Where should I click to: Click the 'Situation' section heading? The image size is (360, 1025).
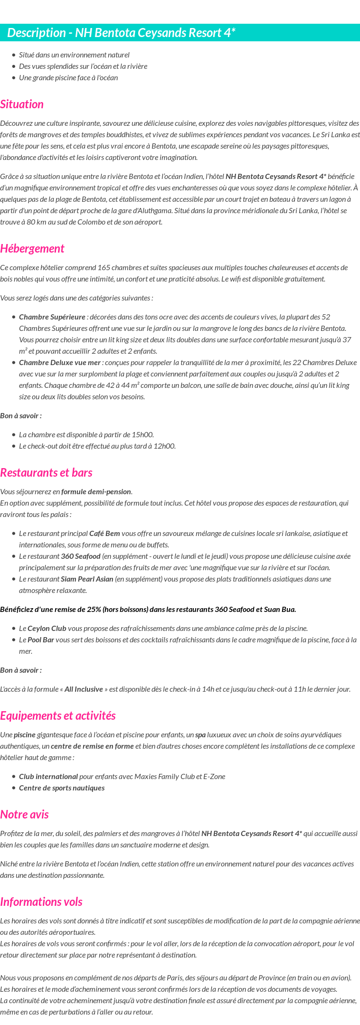pyautogui.click(x=22, y=104)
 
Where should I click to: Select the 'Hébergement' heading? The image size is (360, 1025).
pyautogui.click(x=32, y=249)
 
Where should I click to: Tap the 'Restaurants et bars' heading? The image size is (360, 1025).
pyautogui.click(x=46, y=473)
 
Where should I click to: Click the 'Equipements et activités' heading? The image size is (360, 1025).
pyautogui.click(x=57, y=716)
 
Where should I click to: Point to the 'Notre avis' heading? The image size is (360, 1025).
pyautogui.click(x=24, y=815)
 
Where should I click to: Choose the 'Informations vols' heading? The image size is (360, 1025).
pyautogui.click(x=41, y=902)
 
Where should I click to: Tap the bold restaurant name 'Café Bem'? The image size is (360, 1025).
pyautogui.click(x=104, y=534)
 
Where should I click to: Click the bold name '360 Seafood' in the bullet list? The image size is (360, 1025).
pyautogui.click(x=81, y=556)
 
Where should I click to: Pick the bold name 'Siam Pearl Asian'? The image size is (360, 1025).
pyautogui.click(x=87, y=579)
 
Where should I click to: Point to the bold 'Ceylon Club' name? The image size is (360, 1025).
pyautogui.click(x=47, y=629)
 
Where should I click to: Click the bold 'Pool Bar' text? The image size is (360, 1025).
pyautogui.click(x=41, y=640)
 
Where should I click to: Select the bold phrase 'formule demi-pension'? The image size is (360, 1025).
pyautogui.click(x=96, y=492)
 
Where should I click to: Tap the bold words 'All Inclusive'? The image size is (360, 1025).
pyautogui.click(x=84, y=689)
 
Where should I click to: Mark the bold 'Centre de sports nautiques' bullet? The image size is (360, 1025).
pyautogui.click(x=62, y=788)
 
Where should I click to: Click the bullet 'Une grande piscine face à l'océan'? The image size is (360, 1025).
pyautogui.click(x=68, y=78)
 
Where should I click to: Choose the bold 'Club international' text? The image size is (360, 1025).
pyautogui.click(x=48, y=777)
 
